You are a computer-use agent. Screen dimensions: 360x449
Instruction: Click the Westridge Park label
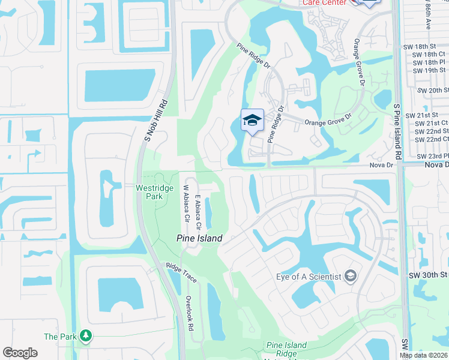coord(150,191)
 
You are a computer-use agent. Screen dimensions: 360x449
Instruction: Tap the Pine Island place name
coord(199,238)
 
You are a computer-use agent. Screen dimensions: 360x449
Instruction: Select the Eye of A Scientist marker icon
coord(351,276)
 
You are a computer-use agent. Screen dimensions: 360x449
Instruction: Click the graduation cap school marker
coord(252,119)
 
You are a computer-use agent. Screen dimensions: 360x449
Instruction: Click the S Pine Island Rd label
coord(397,133)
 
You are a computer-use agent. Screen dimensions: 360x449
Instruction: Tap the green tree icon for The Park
coord(86,336)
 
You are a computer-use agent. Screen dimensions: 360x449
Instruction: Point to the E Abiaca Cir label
coord(197,214)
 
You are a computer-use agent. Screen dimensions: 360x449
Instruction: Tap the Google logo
coord(20,353)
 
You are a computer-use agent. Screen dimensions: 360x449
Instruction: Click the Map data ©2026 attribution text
coord(424,355)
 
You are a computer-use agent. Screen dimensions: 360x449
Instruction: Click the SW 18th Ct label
coord(426,55)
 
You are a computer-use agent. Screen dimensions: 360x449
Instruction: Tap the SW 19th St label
coord(427,70)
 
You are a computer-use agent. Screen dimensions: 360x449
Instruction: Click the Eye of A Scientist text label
coord(309,277)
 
